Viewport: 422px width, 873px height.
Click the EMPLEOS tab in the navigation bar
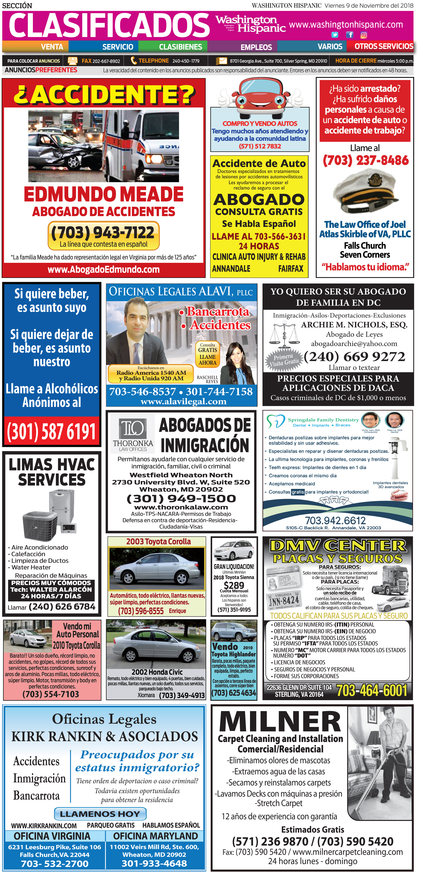click(x=256, y=47)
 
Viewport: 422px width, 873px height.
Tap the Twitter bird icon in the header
click(x=335, y=35)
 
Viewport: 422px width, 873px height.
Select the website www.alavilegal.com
click(x=183, y=402)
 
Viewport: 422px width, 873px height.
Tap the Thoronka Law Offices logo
click(x=133, y=434)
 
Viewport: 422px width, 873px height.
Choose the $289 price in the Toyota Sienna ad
click(x=234, y=585)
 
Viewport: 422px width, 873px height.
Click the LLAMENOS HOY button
click(x=100, y=814)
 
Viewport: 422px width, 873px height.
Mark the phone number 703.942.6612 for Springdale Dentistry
click(x=335, y=520)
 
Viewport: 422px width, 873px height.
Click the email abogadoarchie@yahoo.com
click(x=354, y=344)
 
